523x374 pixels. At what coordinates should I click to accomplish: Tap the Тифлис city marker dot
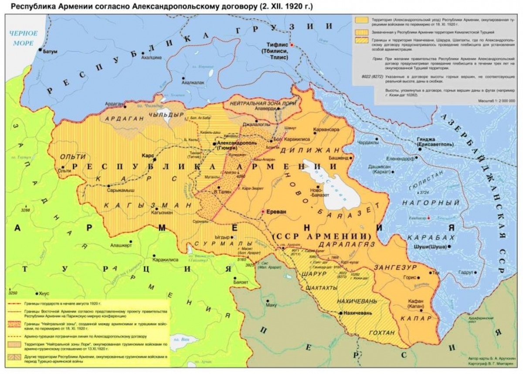point(292,45)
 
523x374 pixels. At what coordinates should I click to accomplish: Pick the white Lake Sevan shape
point(336,183)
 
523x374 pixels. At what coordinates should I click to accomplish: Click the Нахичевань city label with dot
point(358,313)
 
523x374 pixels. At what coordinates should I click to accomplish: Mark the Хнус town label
point(45,294)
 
